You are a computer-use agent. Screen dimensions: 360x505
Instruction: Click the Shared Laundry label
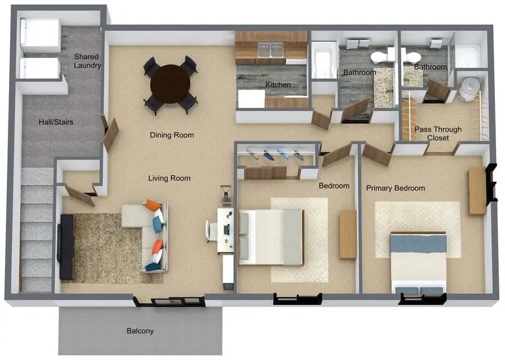click(x=87, y=61)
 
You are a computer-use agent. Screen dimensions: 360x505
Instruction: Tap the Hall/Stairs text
click(x=56, y=122)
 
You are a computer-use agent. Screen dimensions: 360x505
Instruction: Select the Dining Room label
click(x=172, y=135)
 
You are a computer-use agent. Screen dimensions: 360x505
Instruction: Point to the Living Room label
click(x=169, y=178)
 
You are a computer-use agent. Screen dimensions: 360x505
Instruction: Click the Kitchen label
click(x=278, y=85)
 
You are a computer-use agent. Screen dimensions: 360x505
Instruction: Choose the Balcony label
click(x=140, y=331)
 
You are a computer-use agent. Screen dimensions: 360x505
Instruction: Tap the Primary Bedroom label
click(x=395, y=188)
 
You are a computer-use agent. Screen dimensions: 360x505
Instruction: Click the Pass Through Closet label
click(x=438, y=133)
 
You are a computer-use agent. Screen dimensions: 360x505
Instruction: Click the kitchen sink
click(x=270, y=50)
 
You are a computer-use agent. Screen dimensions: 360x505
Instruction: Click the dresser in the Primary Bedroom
click(x=477, y=190)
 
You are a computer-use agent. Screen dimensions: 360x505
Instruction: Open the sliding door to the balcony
click(x=169, y=301)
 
